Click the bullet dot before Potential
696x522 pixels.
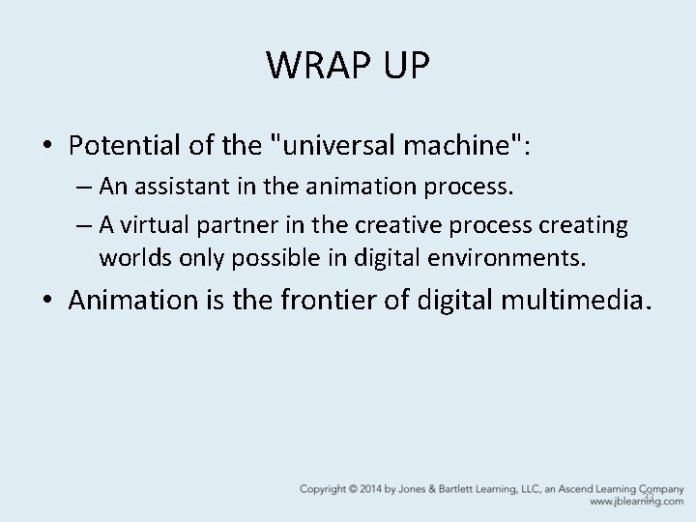point(48,147)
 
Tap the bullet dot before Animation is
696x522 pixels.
point(48,301)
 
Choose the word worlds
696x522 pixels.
point(130,258)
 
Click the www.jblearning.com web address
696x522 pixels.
point(636,502)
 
